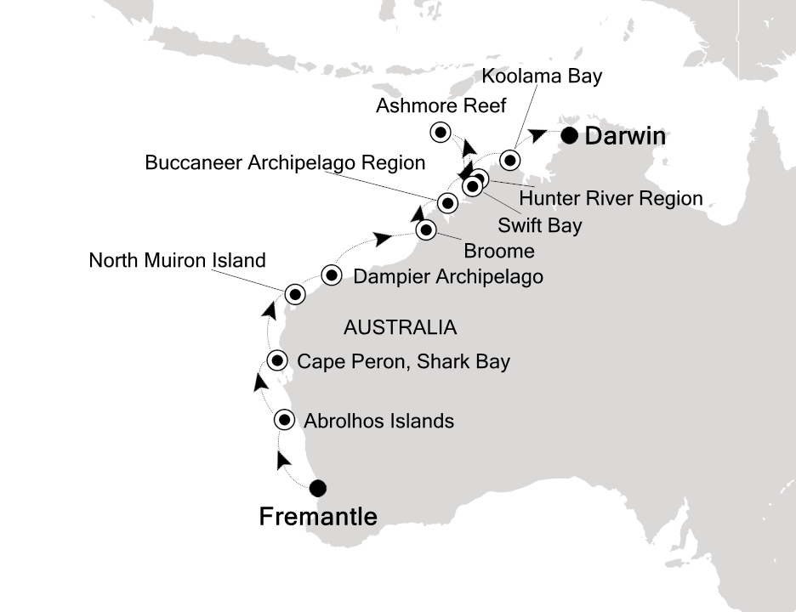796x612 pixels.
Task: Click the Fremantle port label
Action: [318, 517]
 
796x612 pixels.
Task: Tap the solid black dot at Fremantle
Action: [317, 488]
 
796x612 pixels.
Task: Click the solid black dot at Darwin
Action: [569, 134]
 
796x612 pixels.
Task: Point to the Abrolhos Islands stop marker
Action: [285, 420]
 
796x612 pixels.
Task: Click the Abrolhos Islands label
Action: [378, 421]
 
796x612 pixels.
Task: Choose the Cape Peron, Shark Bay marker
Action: [277, 360]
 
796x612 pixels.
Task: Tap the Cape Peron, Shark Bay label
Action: [403, 362]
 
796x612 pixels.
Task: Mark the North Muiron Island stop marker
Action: [294, 294]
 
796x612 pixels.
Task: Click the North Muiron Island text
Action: [177, 261]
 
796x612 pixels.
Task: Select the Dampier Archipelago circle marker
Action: [333, 275]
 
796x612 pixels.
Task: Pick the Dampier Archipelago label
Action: [447, 276]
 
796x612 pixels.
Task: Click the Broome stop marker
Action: [426, 229]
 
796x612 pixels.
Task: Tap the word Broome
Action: [499, 251]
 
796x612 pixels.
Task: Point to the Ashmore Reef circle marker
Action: [441, 132]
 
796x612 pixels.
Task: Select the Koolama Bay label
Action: [542, 76]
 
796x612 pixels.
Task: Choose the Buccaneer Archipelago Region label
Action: [285, 162]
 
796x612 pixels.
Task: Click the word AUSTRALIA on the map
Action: [399, 327]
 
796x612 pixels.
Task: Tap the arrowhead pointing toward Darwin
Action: [537, 133]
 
